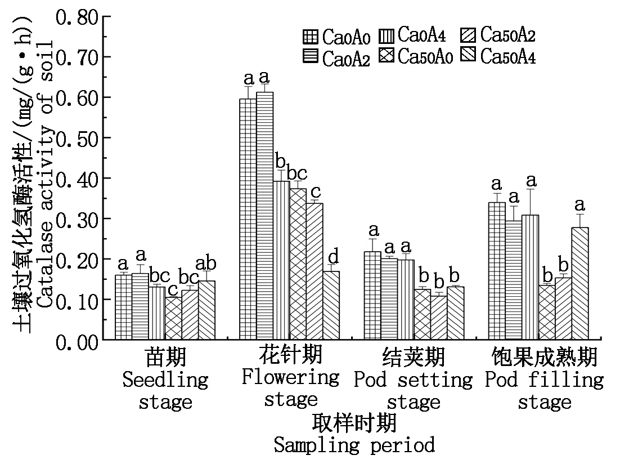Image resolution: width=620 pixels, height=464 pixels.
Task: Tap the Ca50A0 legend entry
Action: tap(416, 56)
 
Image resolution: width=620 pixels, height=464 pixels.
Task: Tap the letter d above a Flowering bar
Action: tap(333, 257)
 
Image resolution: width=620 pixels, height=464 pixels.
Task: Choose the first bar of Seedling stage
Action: tap(124, 307)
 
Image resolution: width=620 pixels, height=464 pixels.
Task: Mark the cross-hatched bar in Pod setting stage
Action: tap(423, 315)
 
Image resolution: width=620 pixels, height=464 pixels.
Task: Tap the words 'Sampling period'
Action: tap(354, 445)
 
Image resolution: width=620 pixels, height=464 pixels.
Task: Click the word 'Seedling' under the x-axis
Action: tap(165, 380)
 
